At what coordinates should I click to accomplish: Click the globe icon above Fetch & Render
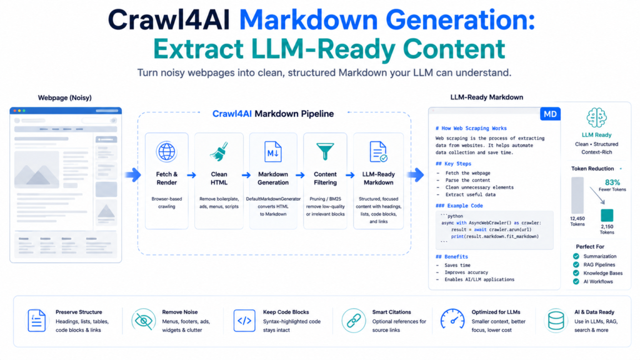click(166, 151)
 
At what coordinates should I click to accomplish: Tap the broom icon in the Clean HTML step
click(219, 151)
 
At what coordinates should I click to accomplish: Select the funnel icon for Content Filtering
click(325, 151)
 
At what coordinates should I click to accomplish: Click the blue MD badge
click(550, 114)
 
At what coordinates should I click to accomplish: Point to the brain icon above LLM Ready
click(596, 118)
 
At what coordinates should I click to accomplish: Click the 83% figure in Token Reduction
click(612, 182)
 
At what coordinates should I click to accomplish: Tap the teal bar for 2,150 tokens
click(607, 215)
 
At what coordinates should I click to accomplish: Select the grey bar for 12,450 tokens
click(577, 195)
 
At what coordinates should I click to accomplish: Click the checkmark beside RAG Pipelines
click(576, 264)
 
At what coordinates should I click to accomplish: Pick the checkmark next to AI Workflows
click(576, 281)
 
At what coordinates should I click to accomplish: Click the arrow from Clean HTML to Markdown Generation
click(246, 175)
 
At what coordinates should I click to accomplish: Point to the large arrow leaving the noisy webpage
click(133, 175)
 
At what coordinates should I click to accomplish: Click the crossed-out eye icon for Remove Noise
click(144, 321)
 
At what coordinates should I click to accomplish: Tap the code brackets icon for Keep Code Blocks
click(244, 321)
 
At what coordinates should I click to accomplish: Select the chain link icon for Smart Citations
click(354, 321)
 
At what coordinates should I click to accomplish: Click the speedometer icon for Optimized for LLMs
click(452, 319)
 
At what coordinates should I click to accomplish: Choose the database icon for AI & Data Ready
click(556, 321)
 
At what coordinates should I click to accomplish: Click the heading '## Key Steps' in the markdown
click(453, 164)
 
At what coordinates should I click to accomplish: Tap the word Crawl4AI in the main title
click(169, 19)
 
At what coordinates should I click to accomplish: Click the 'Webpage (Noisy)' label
click(65, 97)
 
